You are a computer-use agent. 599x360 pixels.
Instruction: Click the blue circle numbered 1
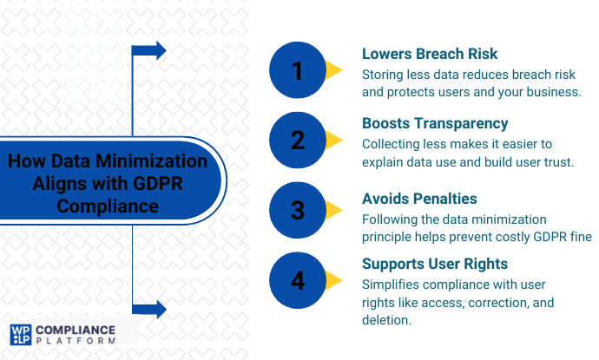298,69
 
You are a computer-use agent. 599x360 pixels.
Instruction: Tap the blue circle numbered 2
298,139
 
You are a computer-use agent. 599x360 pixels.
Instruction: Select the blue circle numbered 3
298,209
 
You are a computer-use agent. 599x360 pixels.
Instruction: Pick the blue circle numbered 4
298,279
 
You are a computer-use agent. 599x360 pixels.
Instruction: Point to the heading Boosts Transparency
435,123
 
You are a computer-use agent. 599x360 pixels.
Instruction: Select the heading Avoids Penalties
419,199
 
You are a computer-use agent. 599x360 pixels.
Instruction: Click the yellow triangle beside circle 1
335,69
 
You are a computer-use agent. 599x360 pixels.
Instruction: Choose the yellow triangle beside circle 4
335,279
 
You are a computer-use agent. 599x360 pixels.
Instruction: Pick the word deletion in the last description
388,320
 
